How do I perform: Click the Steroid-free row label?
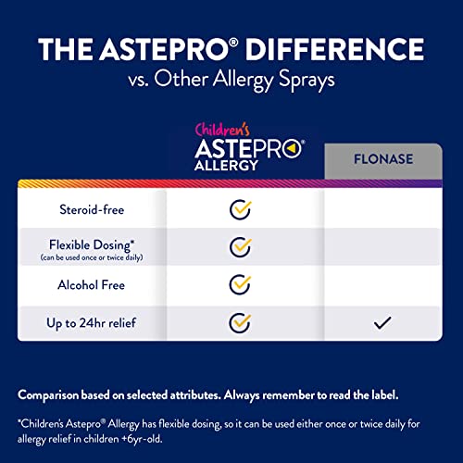point(90,209)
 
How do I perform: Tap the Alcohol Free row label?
point(91,286)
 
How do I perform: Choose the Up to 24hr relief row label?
point(91,324)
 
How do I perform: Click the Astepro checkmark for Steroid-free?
point(241,209)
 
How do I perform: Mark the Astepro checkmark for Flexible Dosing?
point(241,248)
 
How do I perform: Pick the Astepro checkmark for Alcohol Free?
point(241,286)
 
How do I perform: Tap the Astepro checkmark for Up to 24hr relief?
point(241,324)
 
